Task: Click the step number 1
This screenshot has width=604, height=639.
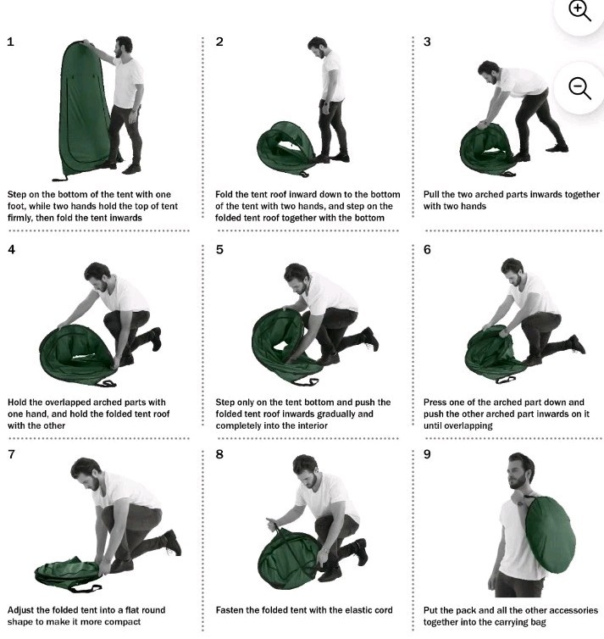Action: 11,42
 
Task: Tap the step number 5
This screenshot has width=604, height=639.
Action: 219,249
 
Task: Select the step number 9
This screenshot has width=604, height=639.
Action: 427,454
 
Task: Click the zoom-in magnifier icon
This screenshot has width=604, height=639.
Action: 579,11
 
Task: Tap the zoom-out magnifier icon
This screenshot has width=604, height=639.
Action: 579,88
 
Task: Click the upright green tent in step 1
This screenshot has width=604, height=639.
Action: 85,110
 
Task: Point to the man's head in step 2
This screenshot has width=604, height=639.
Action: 317,47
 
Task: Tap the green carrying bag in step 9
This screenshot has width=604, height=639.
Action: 550,536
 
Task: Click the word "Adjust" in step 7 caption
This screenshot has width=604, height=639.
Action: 21,610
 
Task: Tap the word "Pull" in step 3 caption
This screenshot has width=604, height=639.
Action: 431,194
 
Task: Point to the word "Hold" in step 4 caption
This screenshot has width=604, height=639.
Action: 17,403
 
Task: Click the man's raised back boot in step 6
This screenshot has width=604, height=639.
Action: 577,344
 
